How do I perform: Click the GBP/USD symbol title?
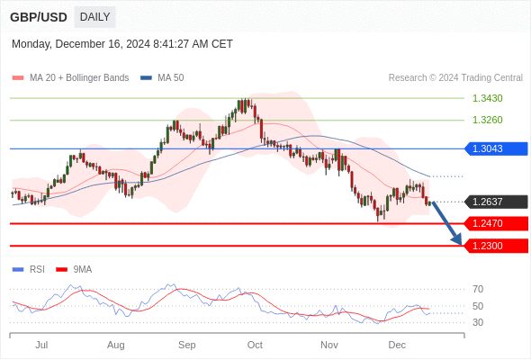pos(38,17)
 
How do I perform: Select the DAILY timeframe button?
pos(94,17)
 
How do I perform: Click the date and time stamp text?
pos(122,44)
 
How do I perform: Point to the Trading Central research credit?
pos(455,78)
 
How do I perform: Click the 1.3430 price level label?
pos(487,98)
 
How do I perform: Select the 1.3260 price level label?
pos(487,120)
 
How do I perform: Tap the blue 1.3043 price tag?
pos(496,148)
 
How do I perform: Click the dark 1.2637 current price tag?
pos(496,202)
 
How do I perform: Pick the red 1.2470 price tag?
pos(496,223)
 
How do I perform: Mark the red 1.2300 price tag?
pos(496,245)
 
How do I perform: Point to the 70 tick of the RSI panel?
pos(478,289)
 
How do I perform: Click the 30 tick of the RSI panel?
pos(478,322)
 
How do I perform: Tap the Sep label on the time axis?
pos(187,345)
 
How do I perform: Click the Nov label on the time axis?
pos(329,345)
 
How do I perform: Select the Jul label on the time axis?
pos(41,345)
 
